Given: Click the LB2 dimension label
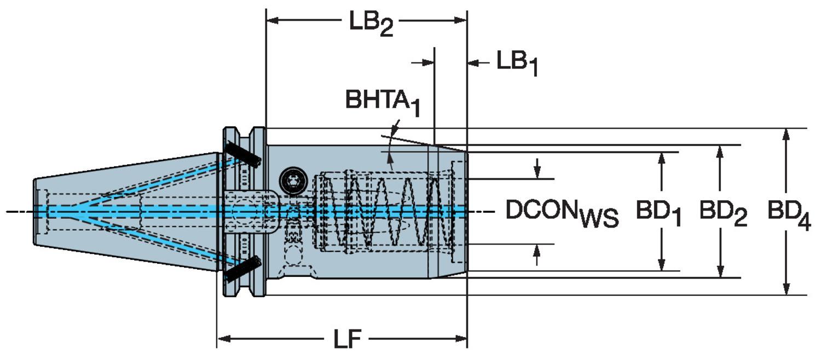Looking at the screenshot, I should (x=371, y=24).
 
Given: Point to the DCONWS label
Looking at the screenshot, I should (x=562, y=213).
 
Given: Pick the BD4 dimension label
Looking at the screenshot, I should (x=789, y=214).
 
